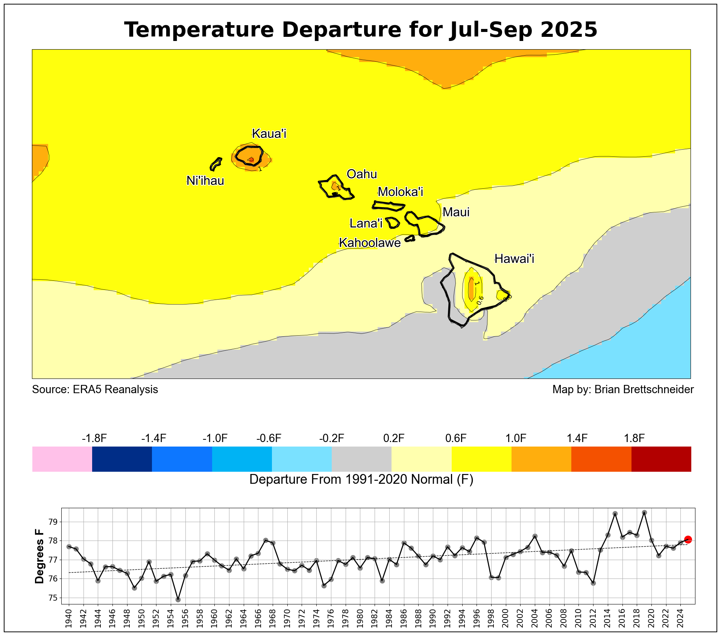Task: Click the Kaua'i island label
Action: tap(269, 133)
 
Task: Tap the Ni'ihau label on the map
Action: tap(205, 181)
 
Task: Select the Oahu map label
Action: tap(361, 174)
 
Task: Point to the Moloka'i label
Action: tap(400, 192)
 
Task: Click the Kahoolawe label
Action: tap(370, 243)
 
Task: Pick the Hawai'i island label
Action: tap(514, 259)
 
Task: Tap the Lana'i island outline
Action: tap(393, 223)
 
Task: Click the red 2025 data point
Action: tap(688, 539)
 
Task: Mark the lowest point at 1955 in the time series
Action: tap(178, 600)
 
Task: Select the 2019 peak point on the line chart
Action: tap(644, 512)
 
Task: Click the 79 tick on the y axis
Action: tap(52, 522)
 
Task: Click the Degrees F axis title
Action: tap(39, 556)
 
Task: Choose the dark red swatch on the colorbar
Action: tap(661, 459)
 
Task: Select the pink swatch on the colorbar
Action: tap(62, 459)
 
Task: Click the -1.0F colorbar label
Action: tap(215, 438)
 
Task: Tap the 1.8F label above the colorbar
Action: tap(634, 438)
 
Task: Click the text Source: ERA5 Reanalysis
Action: tap(95, 389)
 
